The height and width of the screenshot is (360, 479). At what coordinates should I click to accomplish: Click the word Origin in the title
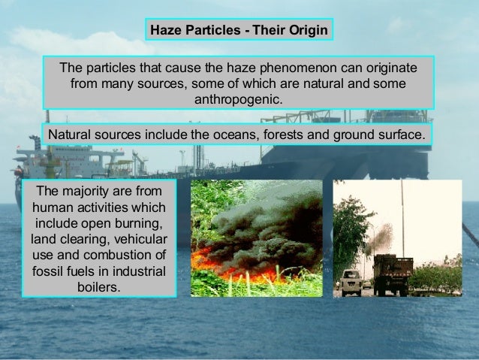click(308, 31)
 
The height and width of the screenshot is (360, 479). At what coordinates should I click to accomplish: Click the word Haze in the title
click(167, 31)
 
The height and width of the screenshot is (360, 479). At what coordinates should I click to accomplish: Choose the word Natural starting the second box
click(71, 135)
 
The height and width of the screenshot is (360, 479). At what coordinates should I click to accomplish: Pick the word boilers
click(98, 286)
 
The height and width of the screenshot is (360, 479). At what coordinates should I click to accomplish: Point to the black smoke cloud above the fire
click(255, 225)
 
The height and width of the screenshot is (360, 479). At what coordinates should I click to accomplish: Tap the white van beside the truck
click(351, 281)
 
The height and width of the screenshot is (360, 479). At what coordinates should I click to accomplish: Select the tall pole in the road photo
click(402, 218)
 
